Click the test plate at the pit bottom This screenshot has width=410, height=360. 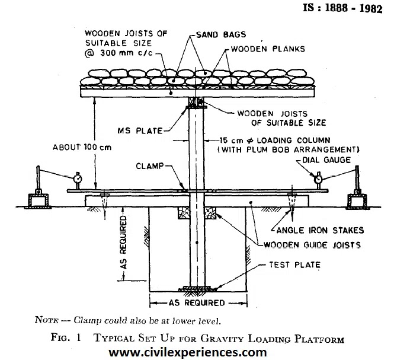click(196, 290)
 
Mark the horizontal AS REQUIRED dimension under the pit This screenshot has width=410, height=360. click(196, 303)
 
